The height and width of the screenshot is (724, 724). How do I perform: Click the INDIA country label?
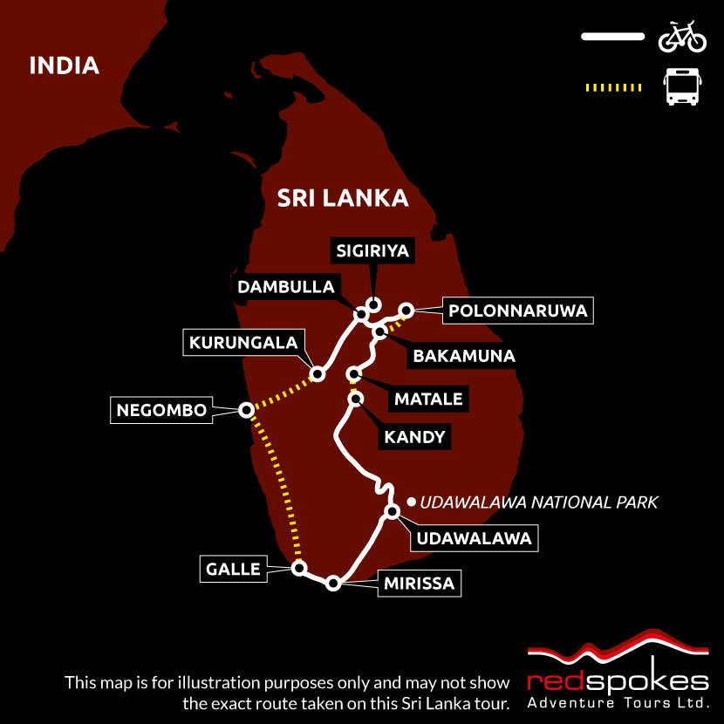(x=64, y=65)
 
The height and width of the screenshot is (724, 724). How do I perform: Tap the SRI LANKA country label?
(x=343, y=198)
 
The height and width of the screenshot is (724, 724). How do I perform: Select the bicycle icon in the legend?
(x=681, y=37)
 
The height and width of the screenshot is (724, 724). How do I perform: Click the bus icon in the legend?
(x=681, y=87)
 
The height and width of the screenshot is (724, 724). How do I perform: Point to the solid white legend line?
(x=612, y=37)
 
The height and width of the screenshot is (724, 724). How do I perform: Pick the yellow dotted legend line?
(x=612, y=87)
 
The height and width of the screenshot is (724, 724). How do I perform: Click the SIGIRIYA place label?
(x=373, y=252)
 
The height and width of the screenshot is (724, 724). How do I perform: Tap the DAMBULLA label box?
(x=284, y=287)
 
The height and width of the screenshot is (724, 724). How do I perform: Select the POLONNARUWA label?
(x=517, y=311)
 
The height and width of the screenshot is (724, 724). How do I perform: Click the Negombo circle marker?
(x=246, y=409)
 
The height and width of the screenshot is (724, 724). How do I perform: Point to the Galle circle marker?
(x=299, y=569)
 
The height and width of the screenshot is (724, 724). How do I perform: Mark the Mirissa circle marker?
(x=332, y=584)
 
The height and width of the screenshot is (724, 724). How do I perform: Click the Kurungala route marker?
(x=318, y=374)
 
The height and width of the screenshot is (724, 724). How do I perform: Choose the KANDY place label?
(x=414, y=437)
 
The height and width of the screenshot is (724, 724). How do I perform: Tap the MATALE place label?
(x=427, y=400)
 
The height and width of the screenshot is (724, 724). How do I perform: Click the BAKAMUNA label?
(x=463, y=356)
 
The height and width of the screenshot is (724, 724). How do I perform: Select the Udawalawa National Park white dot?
(x=410, y=502)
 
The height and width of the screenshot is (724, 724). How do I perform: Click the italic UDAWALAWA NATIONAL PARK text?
(x=538, y=502)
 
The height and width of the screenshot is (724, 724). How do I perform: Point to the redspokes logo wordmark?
(x=618, y=680)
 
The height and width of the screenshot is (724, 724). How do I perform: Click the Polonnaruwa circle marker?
(x=406, y=309)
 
